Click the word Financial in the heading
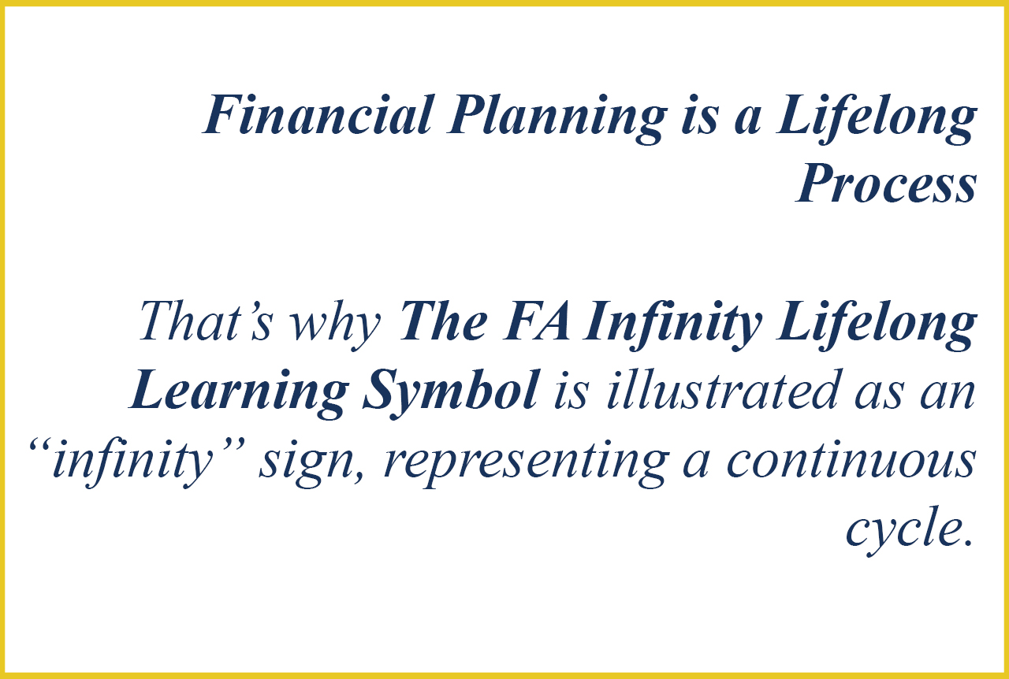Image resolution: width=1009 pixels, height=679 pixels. [318, 114]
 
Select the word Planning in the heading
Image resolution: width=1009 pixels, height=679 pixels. [557, 119]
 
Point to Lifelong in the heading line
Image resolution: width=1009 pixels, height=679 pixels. [876, 119]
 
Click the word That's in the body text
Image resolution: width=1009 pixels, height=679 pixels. [206, 321]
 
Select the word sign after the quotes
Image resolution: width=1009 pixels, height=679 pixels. [311, 464]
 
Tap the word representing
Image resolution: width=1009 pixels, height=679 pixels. [525, 465]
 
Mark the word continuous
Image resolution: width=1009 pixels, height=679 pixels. [852, 459]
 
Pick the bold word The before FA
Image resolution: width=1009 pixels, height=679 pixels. [443, 321]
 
